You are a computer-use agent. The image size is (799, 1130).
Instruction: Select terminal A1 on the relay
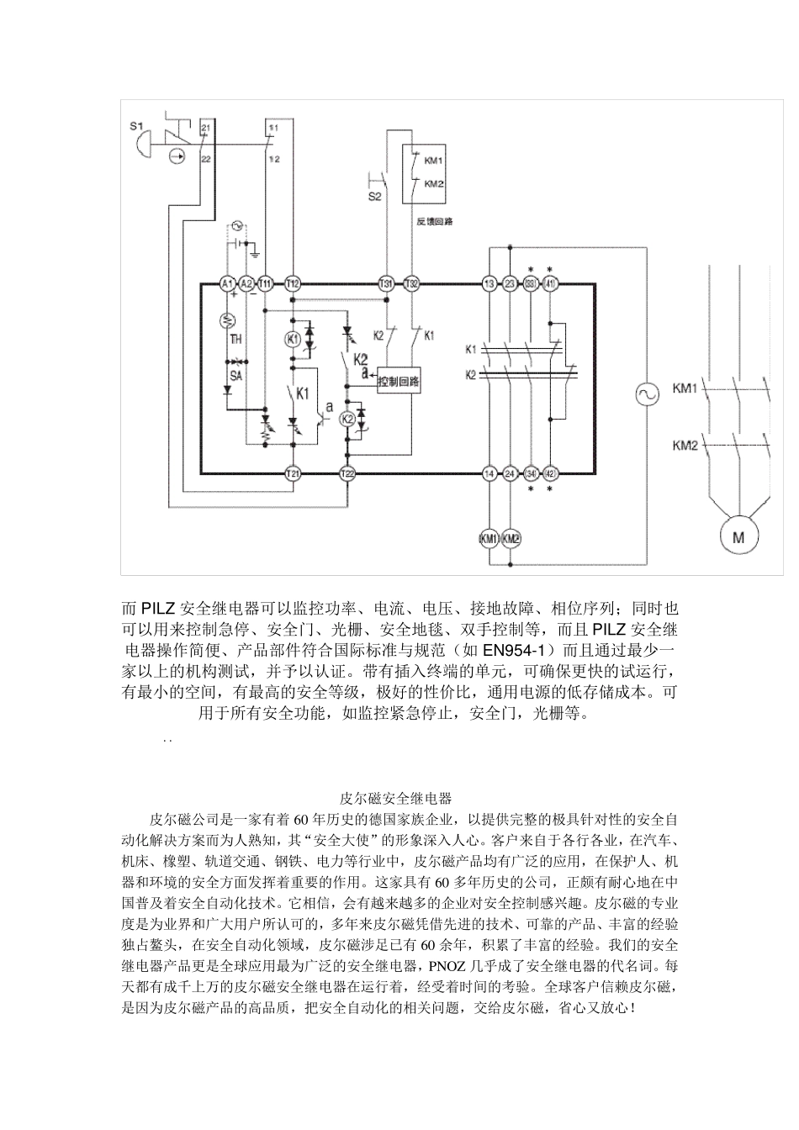(227, 284)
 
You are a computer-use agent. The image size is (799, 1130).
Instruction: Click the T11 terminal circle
(266, 284)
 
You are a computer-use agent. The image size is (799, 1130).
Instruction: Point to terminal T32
(412, 284)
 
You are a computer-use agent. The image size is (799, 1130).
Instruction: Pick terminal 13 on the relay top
(489, 284)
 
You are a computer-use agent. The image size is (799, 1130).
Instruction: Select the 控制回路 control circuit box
(399, 381)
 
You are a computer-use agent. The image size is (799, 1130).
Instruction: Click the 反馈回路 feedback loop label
(435, 222)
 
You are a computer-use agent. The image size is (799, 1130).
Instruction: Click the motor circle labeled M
(738, 536)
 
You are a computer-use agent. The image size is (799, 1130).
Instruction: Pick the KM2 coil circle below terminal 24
(511, 538)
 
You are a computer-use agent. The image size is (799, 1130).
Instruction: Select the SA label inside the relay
(236, 377)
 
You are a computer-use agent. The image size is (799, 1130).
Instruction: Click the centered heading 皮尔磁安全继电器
(396, 797)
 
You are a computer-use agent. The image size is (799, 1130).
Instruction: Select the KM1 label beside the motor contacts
(685, 390)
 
